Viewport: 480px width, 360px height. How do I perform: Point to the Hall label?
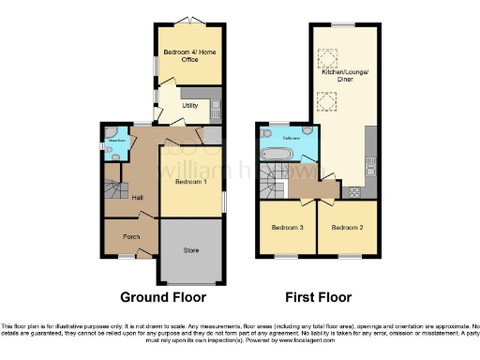coord(138,197)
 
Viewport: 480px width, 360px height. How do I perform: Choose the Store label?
coord(192,249)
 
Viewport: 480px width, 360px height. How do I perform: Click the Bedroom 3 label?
coord(287,228)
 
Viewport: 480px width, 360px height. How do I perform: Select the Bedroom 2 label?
coord(346,228)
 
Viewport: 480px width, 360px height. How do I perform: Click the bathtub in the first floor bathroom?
coord(277,154)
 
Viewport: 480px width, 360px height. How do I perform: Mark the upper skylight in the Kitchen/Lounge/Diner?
coord(330,60)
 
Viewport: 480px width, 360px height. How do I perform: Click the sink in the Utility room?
coord(215,102)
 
